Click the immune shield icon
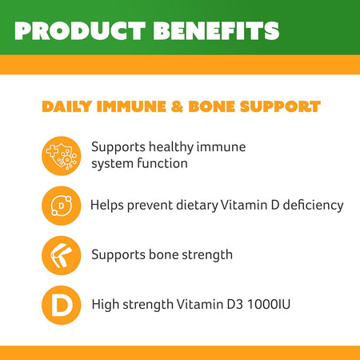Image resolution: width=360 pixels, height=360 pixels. [x=61, y=156]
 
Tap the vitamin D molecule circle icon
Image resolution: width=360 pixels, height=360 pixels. [x=61, y=206]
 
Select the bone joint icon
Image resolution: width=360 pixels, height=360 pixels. [x=61, y=255]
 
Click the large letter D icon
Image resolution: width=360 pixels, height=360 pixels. [x=61, y=304]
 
